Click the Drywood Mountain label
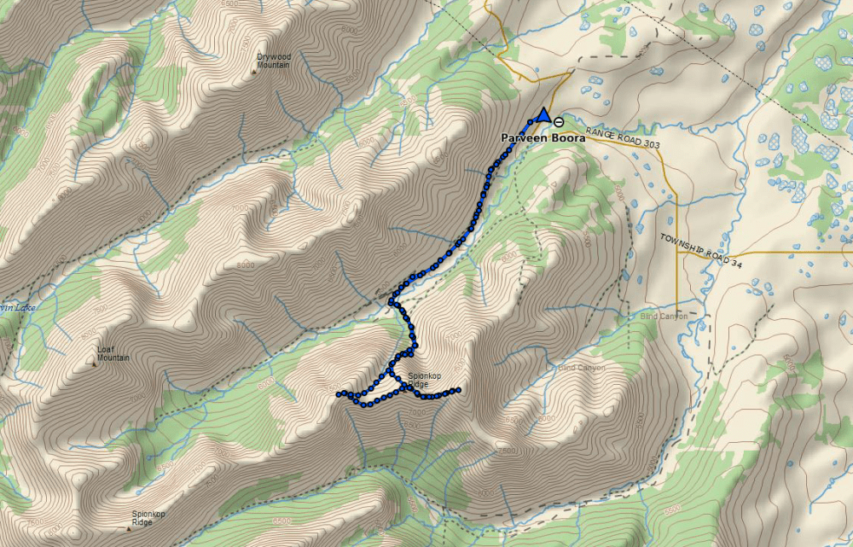click(274, 61)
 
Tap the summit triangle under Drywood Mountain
click(254, 72)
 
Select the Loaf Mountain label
click(113, 354)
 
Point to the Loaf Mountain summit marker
click(94, 365)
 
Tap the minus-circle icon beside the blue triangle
click(558, 121)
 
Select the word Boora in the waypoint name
click(566, 137)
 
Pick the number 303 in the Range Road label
click(648, 143)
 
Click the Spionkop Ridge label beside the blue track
click(423, 380)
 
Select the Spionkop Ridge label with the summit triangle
click(148, 518)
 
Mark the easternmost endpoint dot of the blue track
click(459, 391)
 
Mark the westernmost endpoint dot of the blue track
click(339, 394)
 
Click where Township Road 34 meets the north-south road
click(676, 254)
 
